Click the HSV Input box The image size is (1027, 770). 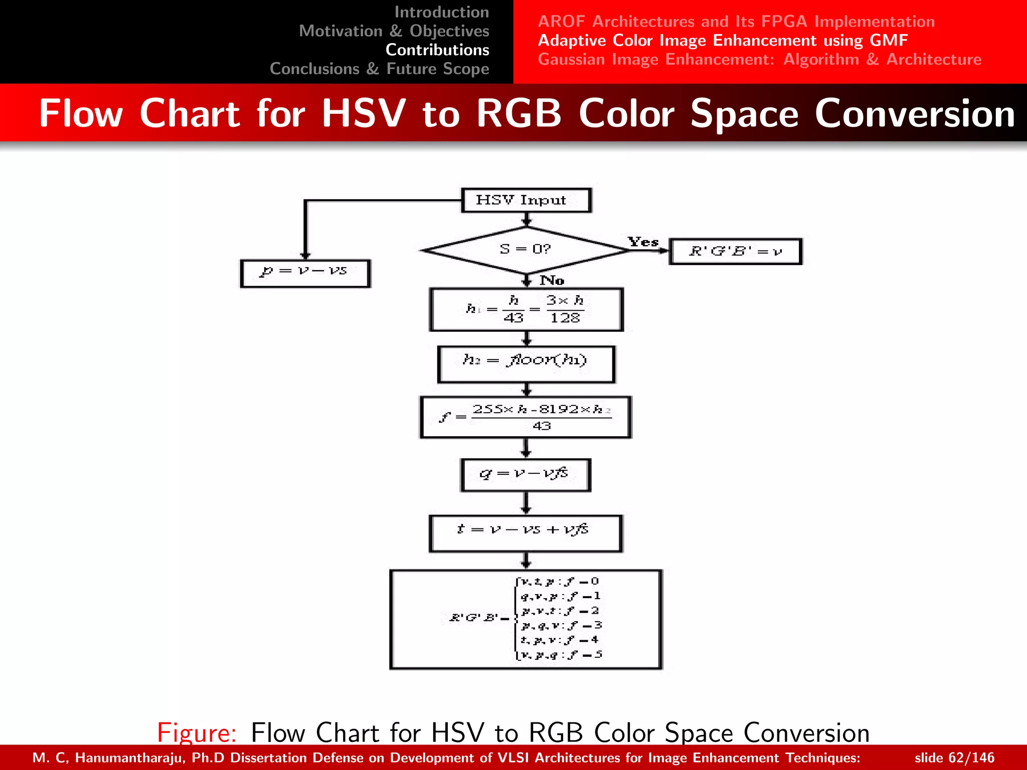tap(526, 201)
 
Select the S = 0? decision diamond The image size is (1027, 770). tap(526, 250)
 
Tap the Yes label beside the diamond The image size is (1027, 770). tap(643, 242)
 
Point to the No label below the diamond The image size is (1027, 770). tap(552, 280)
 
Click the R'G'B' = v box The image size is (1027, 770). tap(735, 251)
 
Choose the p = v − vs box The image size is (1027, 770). tap(305, 273)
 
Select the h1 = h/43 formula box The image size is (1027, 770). tap(526, 309)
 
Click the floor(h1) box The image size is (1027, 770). tap(526, 364)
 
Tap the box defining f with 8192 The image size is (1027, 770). tap(526, 417)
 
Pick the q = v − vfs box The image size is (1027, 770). tap(526, 475)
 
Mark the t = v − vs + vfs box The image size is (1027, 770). tap(526, 533)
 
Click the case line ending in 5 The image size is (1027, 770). tap(560, 655)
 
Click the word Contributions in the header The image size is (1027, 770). tap(437, 50)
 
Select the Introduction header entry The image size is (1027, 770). tap(441, 12)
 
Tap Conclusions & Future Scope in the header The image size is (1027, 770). tap(379, 69)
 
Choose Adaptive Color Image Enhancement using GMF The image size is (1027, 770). tap(723, 40)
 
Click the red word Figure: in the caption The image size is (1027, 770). tap(196, 732)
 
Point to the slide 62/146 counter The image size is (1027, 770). tap(954, 757)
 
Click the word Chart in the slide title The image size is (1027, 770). tap(190, 113)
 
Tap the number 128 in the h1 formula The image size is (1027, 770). tap(565, 318)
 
